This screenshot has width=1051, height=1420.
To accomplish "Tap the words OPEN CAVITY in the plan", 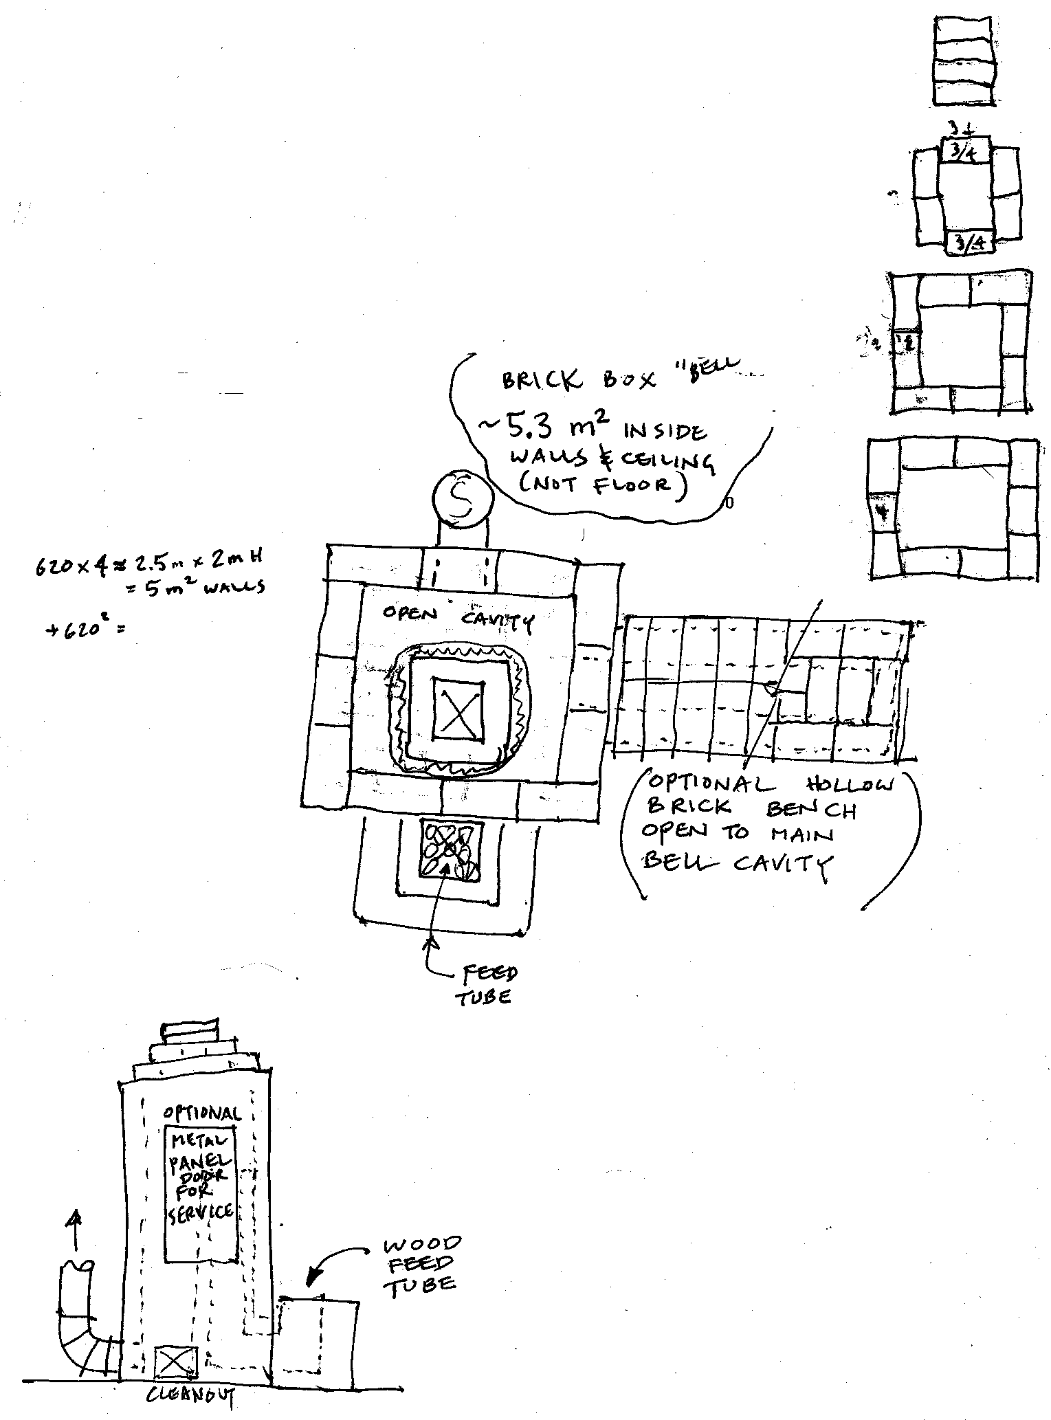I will pyautogui.click(x=457, y=617).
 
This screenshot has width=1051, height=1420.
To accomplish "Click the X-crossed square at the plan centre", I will pyautogui.click(x=459, y=709).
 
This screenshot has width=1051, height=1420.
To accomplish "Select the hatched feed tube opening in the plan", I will pyautogui.click(x=451, y=850).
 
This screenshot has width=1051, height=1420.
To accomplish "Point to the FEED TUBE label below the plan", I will pyautogui.click(x=486, y=985).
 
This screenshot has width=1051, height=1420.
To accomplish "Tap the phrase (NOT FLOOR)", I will pyautogui.click(x=604, y=484).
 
